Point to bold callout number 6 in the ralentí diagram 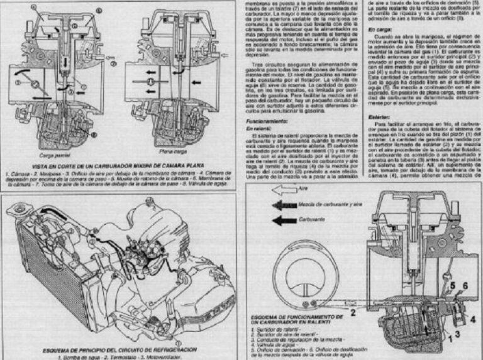(x=465, y=287)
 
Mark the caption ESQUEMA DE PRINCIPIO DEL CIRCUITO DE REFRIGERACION (x=119, y=349)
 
